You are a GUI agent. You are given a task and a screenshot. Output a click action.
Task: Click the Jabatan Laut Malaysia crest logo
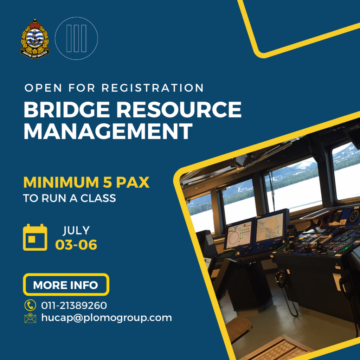coord(35,39)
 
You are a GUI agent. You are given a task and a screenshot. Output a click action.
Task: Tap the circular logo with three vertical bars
coord(76,38)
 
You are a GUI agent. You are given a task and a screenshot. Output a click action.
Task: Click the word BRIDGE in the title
coord(67,110)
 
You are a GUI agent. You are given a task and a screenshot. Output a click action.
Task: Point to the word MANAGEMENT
coord(108,131)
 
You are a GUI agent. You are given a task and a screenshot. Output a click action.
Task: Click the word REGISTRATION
coord(153,88)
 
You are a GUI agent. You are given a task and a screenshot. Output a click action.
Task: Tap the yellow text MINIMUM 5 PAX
coord(86,182)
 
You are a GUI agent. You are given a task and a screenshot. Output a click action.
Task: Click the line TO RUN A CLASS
coord(69,198)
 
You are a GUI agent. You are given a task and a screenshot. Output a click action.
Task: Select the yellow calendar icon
coord(35,237)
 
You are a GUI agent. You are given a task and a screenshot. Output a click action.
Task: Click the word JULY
coord(76,231)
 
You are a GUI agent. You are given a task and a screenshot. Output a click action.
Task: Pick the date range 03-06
coord(76,245)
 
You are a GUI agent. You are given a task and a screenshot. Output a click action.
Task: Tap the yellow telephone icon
coord(30,305)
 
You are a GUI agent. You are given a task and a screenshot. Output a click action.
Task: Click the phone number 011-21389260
coord(74,306)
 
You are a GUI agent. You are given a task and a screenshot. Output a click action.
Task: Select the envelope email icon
coord(30,318)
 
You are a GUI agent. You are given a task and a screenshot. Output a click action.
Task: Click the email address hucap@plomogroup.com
coord(107,318)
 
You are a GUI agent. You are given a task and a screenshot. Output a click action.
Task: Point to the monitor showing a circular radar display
coord(239,234)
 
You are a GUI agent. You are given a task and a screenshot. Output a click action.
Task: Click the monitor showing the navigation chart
coord(270,226)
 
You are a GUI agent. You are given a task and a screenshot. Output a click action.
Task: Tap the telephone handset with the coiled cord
coord(281,279)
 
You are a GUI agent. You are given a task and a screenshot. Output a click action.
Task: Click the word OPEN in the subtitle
coord(43,88)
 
